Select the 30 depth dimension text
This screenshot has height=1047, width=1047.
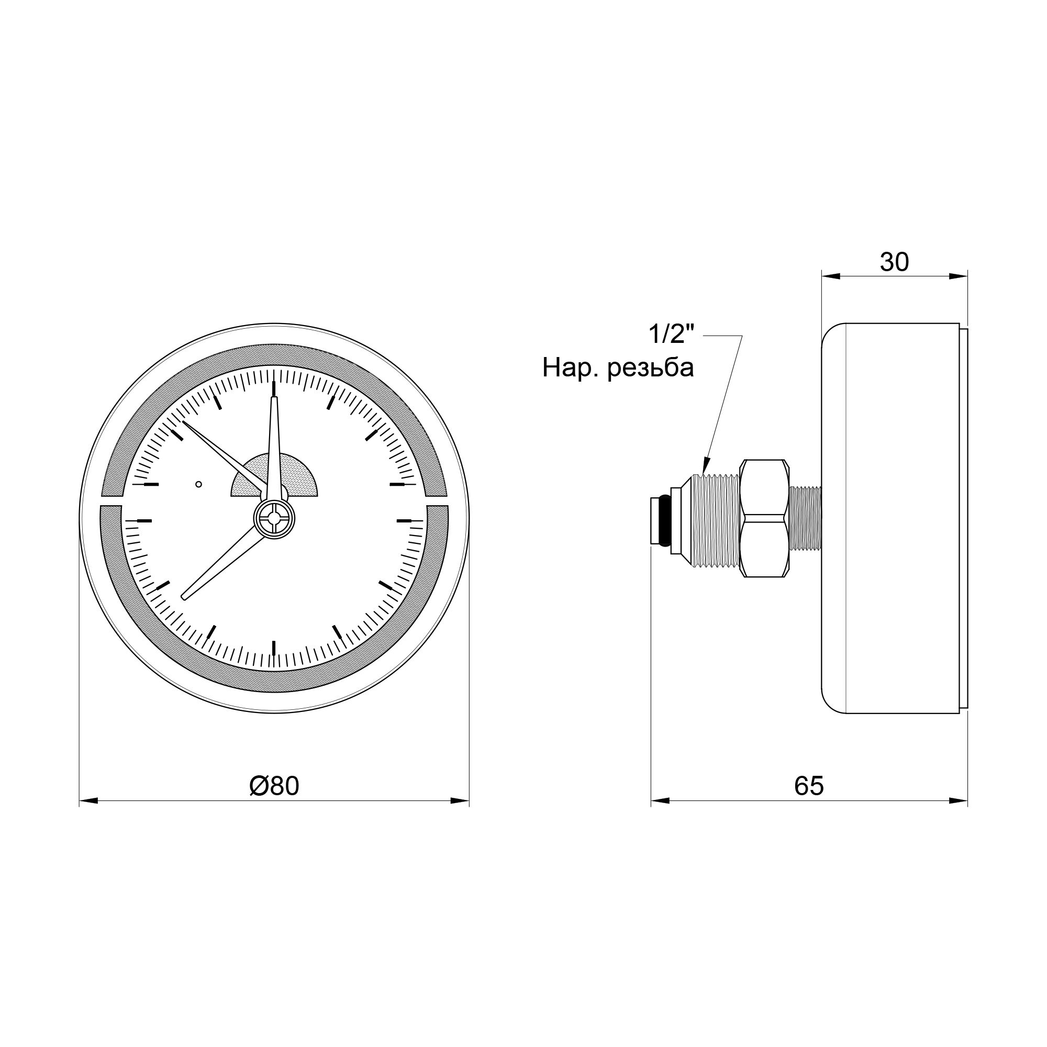click(894, 263)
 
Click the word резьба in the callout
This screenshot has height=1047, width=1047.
click(651, 369)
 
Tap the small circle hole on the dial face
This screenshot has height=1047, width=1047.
click(198, 484)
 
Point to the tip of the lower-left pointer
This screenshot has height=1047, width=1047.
click(184, 598)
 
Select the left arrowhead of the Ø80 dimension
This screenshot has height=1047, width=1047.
click(87, 800)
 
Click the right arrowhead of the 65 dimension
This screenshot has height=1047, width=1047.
click(960, 800)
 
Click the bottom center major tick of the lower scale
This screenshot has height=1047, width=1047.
click(274, 648)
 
